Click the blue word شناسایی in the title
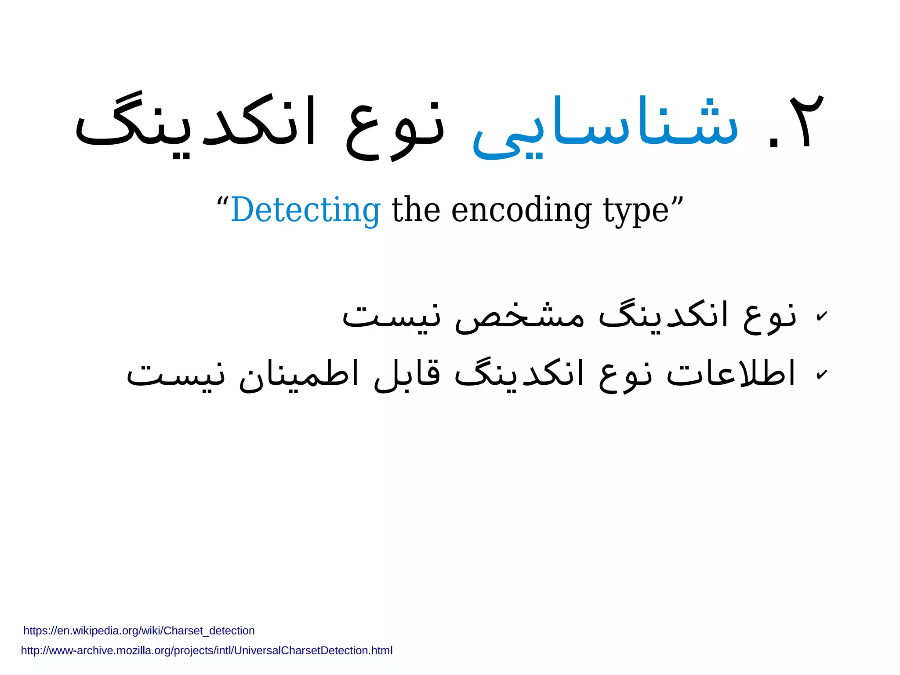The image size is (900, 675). pyautogui.click(x=606, y=125)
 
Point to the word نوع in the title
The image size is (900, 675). pyautogui.click(x=396, y=128)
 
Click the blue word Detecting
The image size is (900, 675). pyautogui.click(x=305, y=210)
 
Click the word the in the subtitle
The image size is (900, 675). pyautogui.click(x=416, y=210)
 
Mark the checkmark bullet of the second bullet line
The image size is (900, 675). pyautogui.click(x=821, y=375)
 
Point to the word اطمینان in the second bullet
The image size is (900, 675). pyautogui.click(x=299, y=374)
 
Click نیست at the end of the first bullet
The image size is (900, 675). pyautogui.click(x=391, y=316)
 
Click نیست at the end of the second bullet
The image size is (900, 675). pyautogui.click(x=176, y=375)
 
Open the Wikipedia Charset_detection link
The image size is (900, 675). pyautogui.click(x=139, y=631)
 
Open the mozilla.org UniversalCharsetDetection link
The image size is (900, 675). pyautogui.click(x=207, y=650)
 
